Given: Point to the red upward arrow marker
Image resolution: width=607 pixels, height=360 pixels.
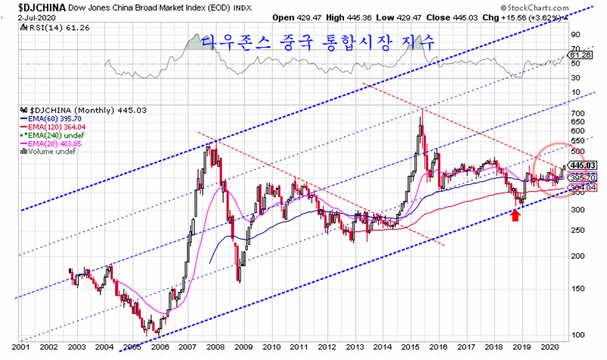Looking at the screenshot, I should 515,215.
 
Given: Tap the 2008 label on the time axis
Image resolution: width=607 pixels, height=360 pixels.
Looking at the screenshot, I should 215,347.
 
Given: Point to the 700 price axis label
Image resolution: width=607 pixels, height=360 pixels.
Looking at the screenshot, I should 577,114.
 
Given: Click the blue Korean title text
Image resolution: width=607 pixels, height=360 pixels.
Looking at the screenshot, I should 317,43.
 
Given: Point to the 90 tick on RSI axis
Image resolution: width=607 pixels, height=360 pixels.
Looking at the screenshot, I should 574,34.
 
